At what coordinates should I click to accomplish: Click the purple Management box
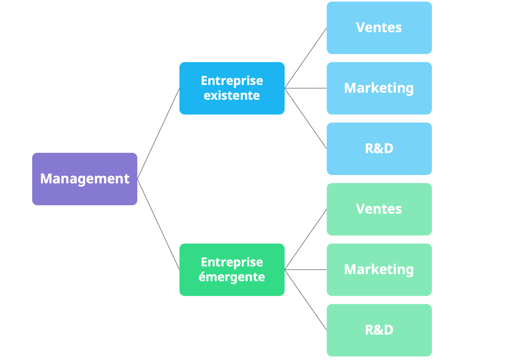[x=85, y=179]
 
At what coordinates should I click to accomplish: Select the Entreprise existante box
[x=232, y=88]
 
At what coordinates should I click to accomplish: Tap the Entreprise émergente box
[x=232, y=270]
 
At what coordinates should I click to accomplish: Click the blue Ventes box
[x=379, y=28]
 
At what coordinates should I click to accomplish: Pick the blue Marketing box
[x=379, y=88]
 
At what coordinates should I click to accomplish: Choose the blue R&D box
[x=379, y=149]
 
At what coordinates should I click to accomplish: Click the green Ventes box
[x=379, y=209]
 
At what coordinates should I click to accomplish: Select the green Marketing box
[x=379, y=270]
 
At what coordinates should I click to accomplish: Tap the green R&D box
[x=379, y=330]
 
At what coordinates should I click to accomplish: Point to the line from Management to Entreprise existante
[x=158, y=134]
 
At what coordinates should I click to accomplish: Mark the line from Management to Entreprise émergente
[x=158, y=224]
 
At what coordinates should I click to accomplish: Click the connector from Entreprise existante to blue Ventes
[x=306, y=58]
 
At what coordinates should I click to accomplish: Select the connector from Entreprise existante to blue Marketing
[x=306, y=88]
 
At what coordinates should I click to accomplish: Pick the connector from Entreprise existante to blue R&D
[x=306, y=118]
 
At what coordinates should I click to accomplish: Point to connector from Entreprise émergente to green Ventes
[x=306, y=239]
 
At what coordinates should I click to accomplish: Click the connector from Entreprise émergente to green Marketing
[x=306, y=270]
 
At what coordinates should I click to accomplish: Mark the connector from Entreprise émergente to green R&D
[x=306, y=300]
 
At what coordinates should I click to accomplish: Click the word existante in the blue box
[x=232, y=96]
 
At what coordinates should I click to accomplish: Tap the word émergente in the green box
[x=232, y=277]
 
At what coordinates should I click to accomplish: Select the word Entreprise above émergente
[x=232, y=262]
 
